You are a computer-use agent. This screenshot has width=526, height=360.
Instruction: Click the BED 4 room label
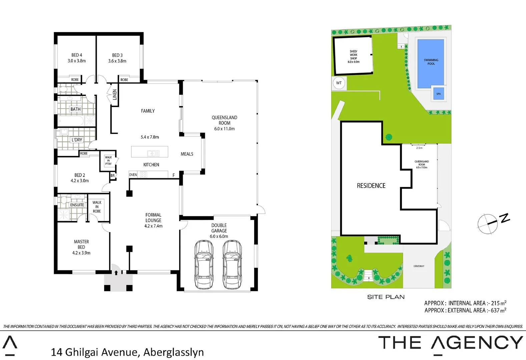coord(77,55)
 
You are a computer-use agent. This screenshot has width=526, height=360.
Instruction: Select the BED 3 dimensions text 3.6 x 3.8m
coord(117,61)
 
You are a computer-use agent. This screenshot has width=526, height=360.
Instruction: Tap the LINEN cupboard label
coord(115,95)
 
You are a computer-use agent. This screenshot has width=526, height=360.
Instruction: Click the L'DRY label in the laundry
coord(77,140)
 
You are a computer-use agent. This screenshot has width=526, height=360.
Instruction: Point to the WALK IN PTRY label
coord(108,161)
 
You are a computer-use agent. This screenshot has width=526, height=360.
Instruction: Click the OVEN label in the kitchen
coord(133,175)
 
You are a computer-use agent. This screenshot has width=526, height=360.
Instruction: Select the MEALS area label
coord(187,154)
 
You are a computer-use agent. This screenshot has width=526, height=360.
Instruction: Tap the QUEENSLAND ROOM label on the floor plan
coord(224,120)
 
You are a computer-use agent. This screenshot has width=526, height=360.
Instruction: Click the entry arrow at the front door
coord(116,273)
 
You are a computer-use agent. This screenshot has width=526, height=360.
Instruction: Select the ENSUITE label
coord(77,205)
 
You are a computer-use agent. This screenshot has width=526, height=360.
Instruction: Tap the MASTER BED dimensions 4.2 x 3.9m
coord(81,253)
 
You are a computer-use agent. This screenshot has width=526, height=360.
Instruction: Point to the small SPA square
coord(438,94)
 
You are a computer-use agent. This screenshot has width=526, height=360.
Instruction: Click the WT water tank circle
coord(339,83)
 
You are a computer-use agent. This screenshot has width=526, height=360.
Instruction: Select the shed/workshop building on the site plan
coord(353,55)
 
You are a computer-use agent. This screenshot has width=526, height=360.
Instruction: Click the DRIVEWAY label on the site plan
coord(419,266)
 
